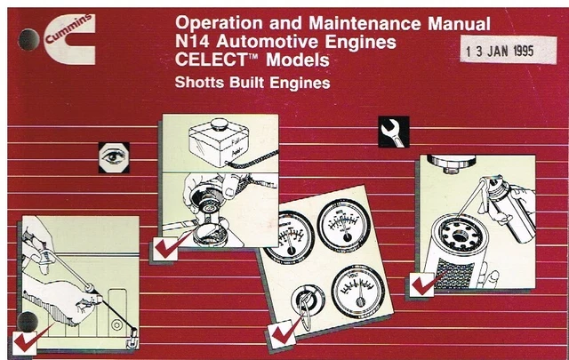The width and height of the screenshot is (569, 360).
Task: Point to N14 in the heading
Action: click(x=191, y=41)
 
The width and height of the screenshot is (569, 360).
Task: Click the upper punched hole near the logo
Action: click(x=28, y=38)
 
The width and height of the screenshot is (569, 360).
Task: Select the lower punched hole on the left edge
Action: click(x=28, y=322)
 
